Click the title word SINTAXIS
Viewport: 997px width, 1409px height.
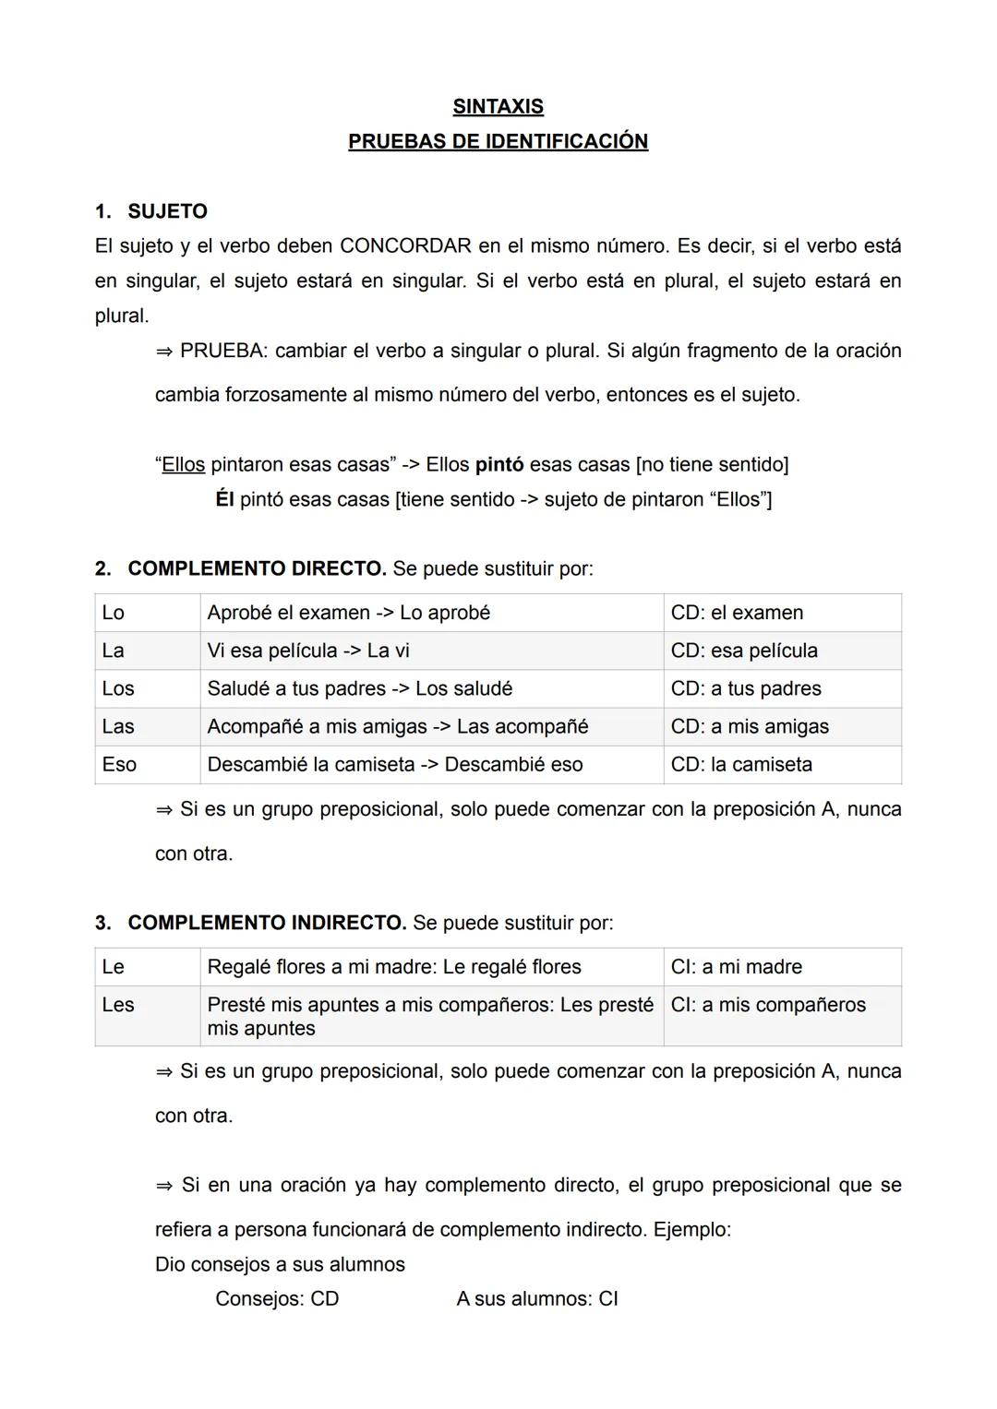point(498,107)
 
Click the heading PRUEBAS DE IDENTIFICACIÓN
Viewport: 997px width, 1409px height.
point(498,142)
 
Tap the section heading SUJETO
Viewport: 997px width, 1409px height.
point(167,211)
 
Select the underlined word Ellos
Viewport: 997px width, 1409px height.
point(183,465)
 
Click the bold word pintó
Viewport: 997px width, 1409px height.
point(498,465)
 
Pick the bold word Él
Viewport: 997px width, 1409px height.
point(224,500)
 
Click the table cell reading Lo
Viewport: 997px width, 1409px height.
point(114,613)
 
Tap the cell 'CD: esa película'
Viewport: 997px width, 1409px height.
point(744,651)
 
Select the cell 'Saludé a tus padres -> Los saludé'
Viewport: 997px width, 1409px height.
point(359,688)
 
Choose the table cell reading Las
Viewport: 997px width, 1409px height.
point(118,726)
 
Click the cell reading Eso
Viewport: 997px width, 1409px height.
point(119,764)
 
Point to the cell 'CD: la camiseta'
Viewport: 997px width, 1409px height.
point(741,764)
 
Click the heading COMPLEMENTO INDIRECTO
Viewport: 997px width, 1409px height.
point(267,923)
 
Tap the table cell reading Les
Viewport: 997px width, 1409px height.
point(118,1005)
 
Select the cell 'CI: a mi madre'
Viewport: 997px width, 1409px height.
point(736,967)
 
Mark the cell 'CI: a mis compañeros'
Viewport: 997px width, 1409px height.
point(768,1005)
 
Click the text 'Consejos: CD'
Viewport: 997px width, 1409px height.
point(277,1299)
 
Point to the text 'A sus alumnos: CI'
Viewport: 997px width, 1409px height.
point(536,1299)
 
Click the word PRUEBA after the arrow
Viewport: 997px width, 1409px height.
point(222,352)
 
